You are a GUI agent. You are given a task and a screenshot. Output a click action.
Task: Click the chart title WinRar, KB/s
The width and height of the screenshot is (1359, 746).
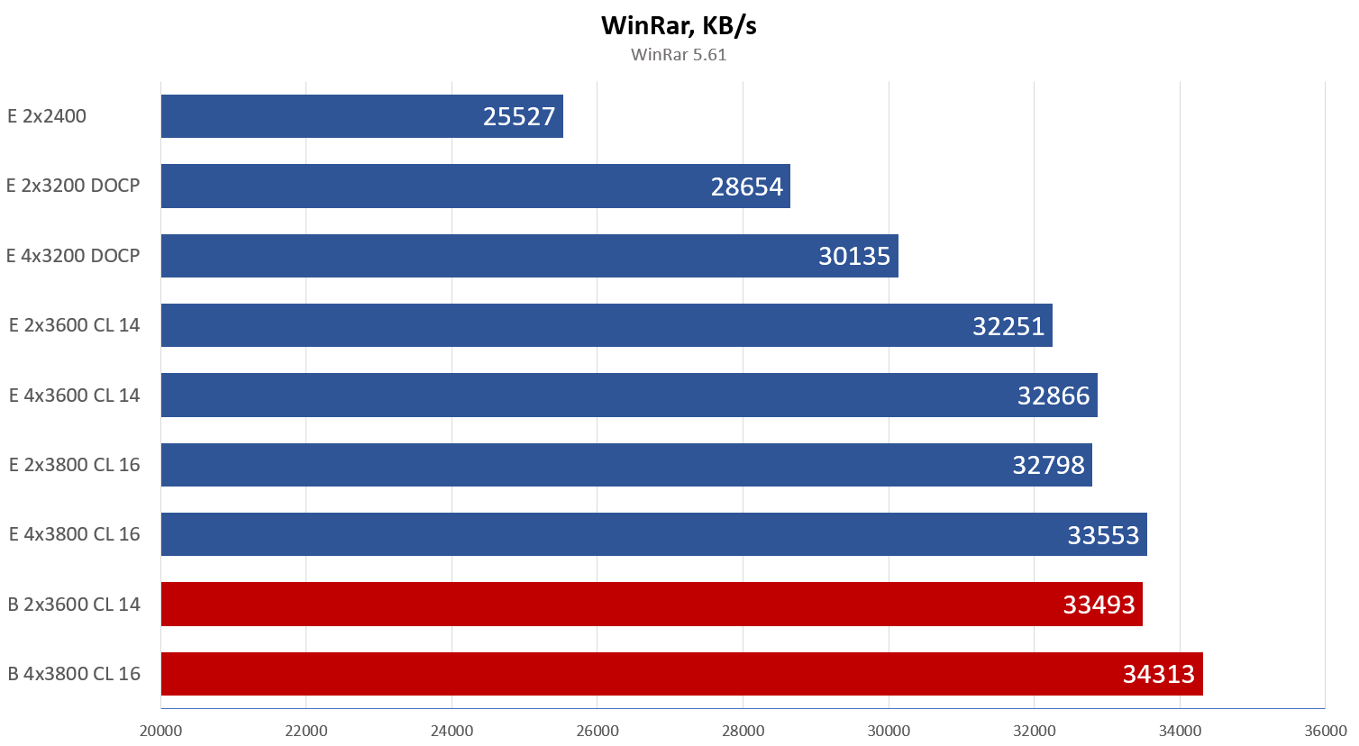679,25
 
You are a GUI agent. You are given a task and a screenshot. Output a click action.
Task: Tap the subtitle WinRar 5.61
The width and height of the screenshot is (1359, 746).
679,55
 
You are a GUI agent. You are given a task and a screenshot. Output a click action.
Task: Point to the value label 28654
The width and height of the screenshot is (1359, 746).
746,186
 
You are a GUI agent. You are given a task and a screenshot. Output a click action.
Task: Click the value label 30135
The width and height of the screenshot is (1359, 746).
853,256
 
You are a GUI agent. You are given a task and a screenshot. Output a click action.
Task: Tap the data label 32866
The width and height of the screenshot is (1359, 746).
1053,396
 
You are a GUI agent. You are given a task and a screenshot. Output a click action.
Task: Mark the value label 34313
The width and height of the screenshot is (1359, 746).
1158,674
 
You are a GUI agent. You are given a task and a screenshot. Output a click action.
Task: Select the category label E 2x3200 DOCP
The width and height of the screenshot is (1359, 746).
73,186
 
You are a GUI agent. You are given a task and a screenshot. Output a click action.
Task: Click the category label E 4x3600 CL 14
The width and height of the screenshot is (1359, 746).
74,396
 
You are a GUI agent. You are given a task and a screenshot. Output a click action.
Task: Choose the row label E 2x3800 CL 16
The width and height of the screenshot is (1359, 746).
74,465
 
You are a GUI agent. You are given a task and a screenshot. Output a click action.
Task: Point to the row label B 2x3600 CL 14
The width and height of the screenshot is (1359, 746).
74,605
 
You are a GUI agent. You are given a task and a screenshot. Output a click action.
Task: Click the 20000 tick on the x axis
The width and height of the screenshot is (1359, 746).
161,731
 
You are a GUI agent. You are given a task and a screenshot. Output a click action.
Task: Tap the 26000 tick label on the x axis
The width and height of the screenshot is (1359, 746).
597,731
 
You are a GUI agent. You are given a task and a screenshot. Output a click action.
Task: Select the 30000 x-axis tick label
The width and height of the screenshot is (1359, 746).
889,731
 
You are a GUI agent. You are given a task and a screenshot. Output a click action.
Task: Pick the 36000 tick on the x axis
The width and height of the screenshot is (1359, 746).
1325,731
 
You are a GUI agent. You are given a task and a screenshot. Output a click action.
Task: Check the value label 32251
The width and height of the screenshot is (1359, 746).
1008,326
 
